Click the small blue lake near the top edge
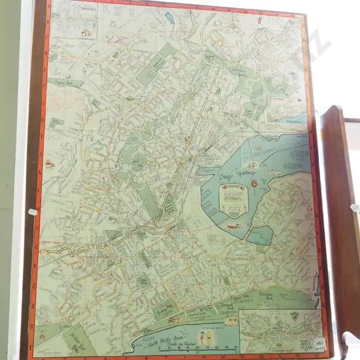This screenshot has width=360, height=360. [x=169, y=17]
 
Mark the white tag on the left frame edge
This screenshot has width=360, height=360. [x=31, y=212]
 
